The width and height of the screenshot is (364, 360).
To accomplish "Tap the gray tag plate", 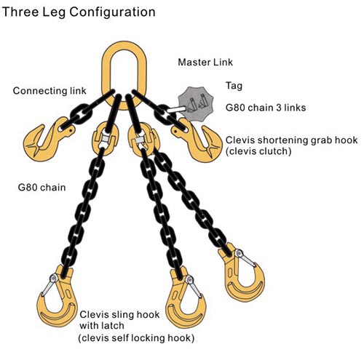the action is point(196,104).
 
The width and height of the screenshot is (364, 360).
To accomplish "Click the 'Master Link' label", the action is point(205,63).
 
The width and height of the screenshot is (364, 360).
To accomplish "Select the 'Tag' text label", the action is point(234,86).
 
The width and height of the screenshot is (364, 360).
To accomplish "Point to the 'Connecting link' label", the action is point(50,91).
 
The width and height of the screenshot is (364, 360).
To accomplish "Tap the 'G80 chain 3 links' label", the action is point(266,108).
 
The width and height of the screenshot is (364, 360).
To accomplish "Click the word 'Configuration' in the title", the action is point(112,12).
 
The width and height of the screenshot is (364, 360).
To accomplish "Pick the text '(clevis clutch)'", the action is point(258,151).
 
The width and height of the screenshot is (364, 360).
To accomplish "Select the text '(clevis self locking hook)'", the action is point(136,338).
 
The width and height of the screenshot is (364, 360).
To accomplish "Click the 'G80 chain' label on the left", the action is point(41,188).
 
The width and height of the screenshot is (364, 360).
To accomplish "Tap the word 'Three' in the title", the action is point(20,12).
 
